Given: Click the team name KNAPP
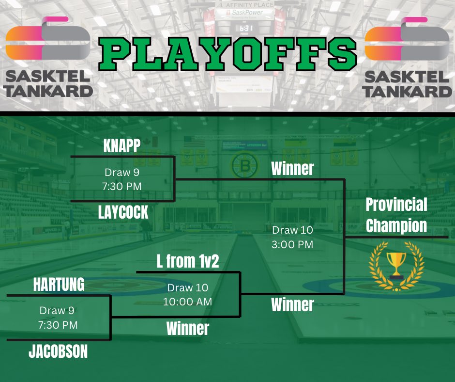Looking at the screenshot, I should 122,147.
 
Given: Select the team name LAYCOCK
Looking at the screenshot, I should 123,212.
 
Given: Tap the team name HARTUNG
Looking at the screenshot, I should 59,285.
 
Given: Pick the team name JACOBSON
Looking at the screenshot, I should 58,351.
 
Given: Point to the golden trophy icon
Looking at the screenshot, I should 396,264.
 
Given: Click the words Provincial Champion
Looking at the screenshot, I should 396,215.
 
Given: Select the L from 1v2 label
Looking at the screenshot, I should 188,261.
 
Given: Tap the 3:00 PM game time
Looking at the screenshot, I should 292,244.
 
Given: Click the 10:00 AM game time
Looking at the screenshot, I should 187,301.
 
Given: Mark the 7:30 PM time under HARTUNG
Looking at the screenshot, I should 58,325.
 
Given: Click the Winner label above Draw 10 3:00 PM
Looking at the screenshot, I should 292,169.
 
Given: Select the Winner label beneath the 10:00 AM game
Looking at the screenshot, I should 188,328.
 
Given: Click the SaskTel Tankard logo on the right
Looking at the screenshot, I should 408,56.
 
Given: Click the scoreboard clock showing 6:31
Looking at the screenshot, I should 246,29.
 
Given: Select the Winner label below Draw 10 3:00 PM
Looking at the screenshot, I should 292,304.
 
